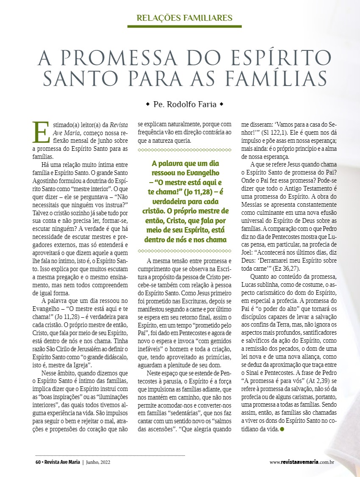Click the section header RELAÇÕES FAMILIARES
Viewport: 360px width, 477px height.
[x=184, y=18]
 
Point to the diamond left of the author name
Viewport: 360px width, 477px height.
[x=147, y=104]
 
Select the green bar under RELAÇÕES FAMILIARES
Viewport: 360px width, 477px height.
[x=184, y=26]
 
